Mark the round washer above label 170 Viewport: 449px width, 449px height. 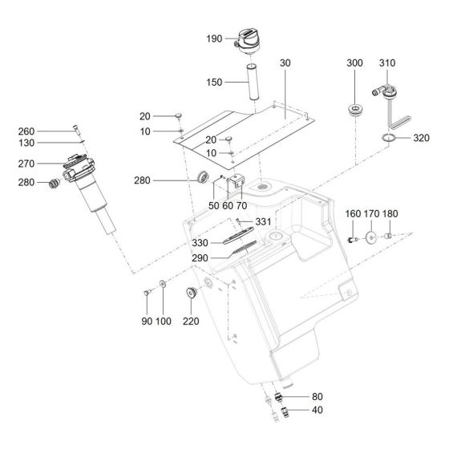(x=372, y=238)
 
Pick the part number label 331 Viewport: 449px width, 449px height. (x=264, y=221)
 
